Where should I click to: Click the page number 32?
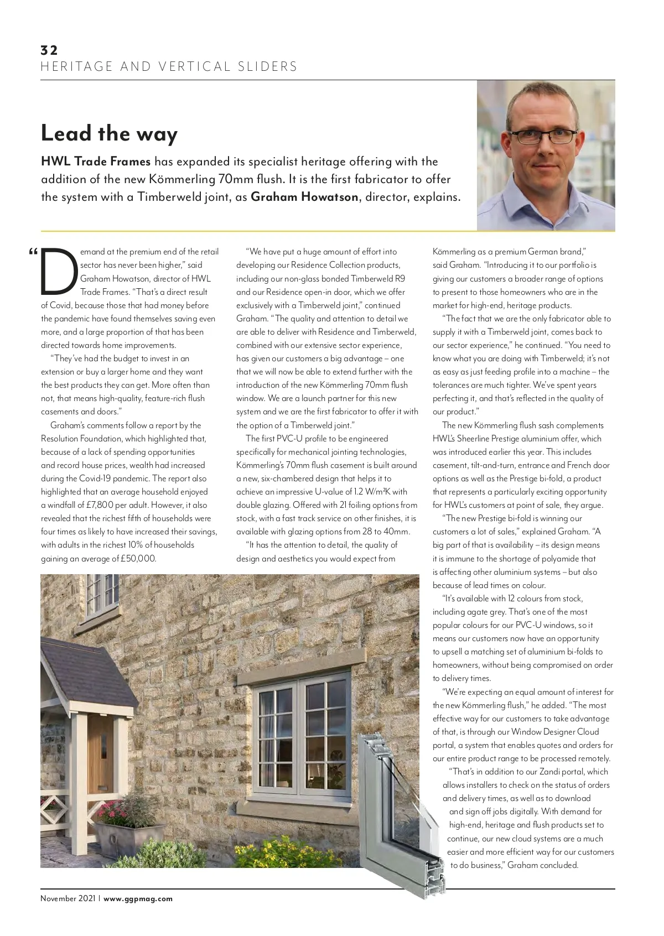49,50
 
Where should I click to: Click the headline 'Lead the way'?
109,134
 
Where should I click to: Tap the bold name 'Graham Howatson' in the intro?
304,197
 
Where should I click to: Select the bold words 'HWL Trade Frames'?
96,162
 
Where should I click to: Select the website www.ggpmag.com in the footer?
138,898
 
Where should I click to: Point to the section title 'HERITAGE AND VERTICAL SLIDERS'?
169,67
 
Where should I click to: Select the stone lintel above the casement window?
302,661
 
